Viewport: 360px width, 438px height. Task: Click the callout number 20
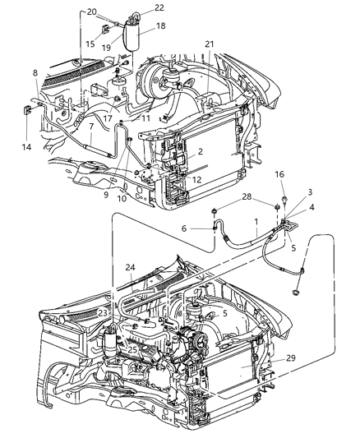click(x=92, y=12)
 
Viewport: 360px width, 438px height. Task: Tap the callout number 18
click(x=161, y=26)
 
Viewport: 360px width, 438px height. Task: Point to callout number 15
click(x=90, y=44)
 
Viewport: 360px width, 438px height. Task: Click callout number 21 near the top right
click(x=210, y=44)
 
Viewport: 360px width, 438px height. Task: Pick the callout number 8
click(x=35, y=73)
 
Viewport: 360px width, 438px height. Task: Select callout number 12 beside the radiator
click(x=196, y=180)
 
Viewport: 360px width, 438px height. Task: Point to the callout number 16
click(x=280, y=198)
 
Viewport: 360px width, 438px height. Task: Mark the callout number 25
click(x=132, y=350)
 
